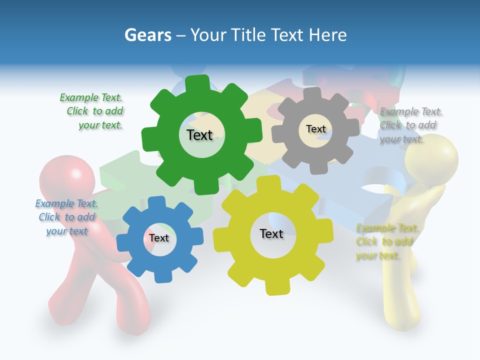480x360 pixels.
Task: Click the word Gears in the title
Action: [147, 35]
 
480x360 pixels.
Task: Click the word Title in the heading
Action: [248, 35]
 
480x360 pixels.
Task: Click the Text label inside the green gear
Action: [199, 135]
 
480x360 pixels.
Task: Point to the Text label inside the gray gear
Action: [315, 129]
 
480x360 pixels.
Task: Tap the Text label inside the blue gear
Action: [159, 238]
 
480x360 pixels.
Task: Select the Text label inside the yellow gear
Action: [271, 234]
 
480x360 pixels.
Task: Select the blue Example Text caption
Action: [67, 217]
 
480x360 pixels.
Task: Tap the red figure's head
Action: [67, 177]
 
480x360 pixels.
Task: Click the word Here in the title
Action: [327, 35]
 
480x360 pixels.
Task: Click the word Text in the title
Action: [287, 35]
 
